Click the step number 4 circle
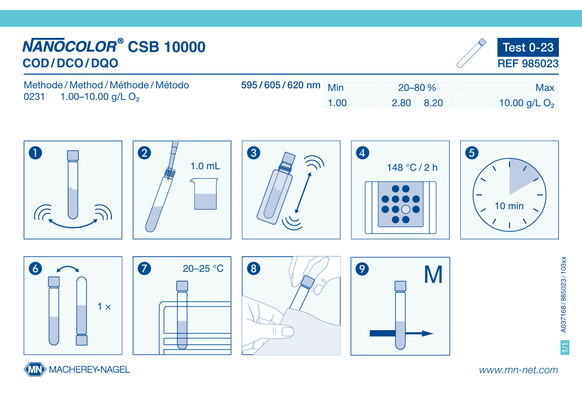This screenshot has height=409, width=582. (362, 152)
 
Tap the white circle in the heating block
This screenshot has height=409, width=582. (406, 209)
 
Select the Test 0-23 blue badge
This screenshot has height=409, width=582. (528, 47)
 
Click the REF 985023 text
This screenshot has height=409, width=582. (528, 64)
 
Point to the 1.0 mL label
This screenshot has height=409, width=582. (205, 166)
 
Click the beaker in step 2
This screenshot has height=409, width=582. (204, 193)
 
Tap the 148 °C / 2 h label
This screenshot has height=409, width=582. (412, 168)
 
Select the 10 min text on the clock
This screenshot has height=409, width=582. (510, 206)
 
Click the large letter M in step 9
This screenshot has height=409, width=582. (433, 275)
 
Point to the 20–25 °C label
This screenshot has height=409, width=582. (203, 268)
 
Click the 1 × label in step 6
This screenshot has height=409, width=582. (105, 306)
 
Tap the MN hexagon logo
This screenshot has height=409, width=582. (35, 370)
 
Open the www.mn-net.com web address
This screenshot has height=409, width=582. (518, 370)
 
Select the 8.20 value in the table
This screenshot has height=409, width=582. (433, 103)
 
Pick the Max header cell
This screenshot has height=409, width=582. (545, 88)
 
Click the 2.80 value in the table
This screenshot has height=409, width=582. (401, 103)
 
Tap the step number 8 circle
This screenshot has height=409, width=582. (254, 269)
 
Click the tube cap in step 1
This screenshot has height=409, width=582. (72, 155)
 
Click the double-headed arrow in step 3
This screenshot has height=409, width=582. (303, 192)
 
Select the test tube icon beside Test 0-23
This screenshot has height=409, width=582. (471, 53)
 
